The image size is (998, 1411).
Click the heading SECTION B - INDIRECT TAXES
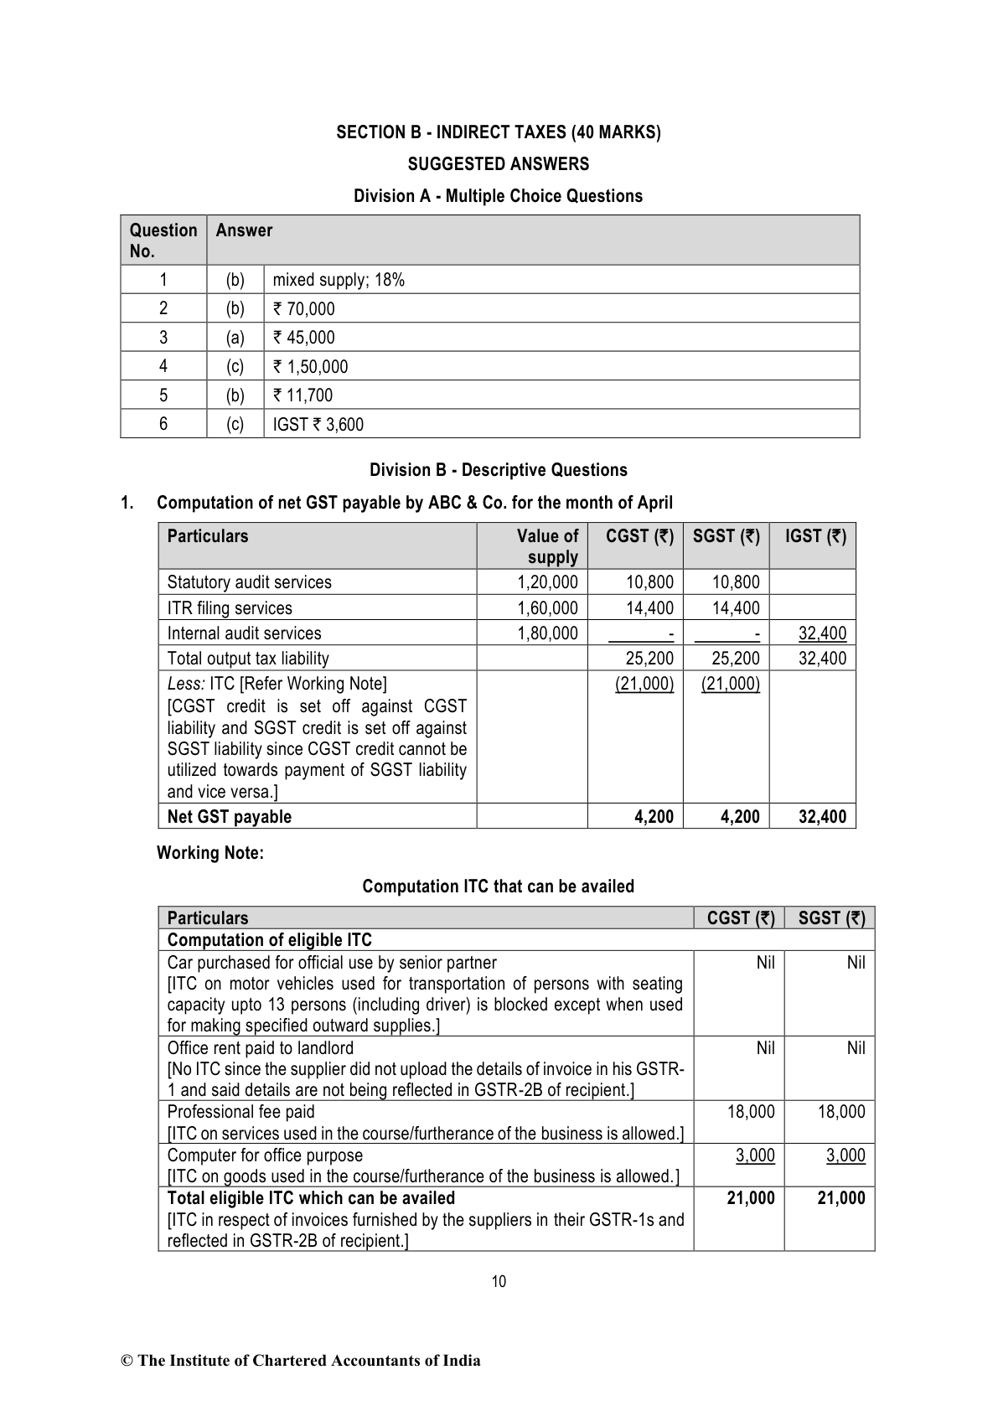[498, 132]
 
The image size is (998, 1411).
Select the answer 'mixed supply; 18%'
[339, 280]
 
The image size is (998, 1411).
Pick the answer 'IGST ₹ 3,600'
[318, 424]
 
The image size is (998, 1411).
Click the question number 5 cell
[163, 395]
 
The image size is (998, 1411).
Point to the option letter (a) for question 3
[235, 338]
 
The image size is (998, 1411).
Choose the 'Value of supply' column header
[547, 546]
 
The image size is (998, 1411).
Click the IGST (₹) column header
[815, 536]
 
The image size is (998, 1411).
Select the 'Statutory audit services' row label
[249, 582]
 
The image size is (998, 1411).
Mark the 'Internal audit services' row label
[244, 633]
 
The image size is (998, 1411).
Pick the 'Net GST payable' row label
[230, 817]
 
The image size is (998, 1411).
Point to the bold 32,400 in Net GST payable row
[822, 817]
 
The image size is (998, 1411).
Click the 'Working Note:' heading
[210, 854]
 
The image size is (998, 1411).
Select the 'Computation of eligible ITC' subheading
[269, 940]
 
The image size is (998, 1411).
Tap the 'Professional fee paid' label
[241, 1112]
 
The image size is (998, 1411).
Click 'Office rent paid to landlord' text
[261, 1048]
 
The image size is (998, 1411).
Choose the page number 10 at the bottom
[499, 1281]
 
